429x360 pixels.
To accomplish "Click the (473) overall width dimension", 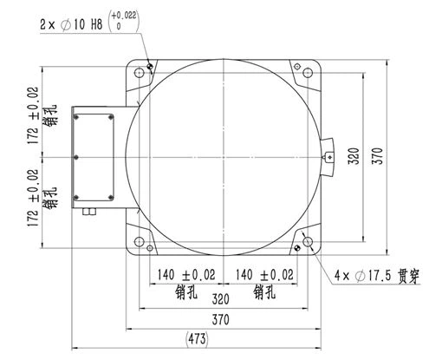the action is coord(197,338).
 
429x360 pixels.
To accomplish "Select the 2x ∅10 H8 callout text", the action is coord(71,24).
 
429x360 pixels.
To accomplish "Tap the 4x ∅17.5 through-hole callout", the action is coord(377,275).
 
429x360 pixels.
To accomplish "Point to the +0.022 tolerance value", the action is coord(124,16).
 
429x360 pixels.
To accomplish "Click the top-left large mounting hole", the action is coord(140,72).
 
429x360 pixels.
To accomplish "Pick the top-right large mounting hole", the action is coord(308,72).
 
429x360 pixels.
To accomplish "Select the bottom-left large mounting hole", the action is coord(140,241).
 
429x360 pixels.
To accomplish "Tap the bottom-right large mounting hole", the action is coord(308,241).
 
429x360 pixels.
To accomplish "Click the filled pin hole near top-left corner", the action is coord(150,67).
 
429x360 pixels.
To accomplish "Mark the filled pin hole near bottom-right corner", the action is coord(297,248).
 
